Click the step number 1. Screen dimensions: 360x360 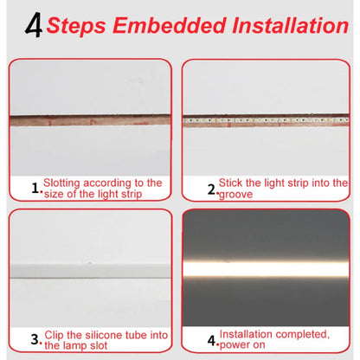tap(35, 187)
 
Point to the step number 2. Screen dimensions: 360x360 tap(210, 188)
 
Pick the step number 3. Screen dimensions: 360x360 tap(35, 338)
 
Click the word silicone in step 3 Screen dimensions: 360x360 tap(108, 334)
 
